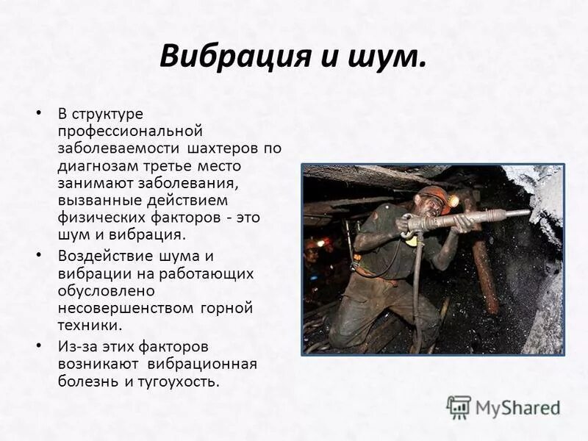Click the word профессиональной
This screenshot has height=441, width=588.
pos(130,132)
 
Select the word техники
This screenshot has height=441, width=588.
pos(88,325)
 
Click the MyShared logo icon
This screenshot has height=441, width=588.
pos(459,406)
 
